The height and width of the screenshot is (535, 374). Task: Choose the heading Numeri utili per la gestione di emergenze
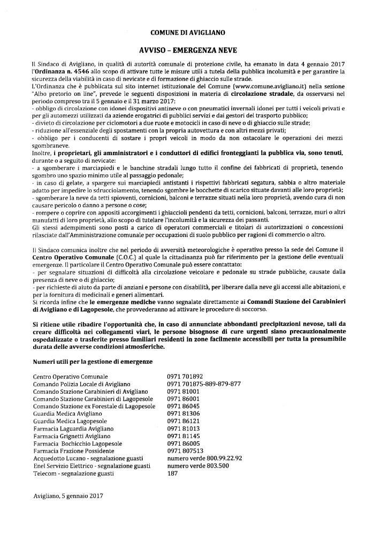coord(93,362)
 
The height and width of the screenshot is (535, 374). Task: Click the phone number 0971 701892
coord(185,377)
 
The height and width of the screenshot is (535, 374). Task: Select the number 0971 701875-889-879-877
coord(204,384)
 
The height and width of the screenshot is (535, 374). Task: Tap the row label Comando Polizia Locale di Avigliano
coord(81,384)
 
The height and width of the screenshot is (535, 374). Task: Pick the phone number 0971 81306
coord(183,414)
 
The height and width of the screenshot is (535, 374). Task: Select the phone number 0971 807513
coord(185,451)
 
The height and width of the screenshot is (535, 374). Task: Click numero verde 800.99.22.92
coord(204,458)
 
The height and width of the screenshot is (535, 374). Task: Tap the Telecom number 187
coord(172,473)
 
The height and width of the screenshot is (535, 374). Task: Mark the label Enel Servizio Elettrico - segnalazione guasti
coord(91,466)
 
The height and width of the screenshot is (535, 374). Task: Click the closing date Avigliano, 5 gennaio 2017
coord(67,496)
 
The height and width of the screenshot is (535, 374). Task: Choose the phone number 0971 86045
coord(183,407)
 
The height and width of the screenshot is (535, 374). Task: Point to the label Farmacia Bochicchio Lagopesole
coord(77,444)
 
